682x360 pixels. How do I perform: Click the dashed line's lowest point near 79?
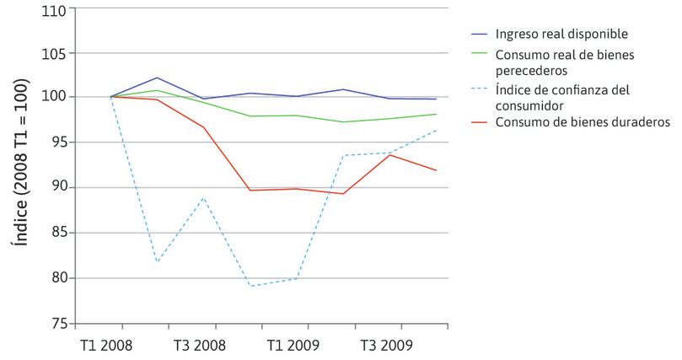tap(250, 286)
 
